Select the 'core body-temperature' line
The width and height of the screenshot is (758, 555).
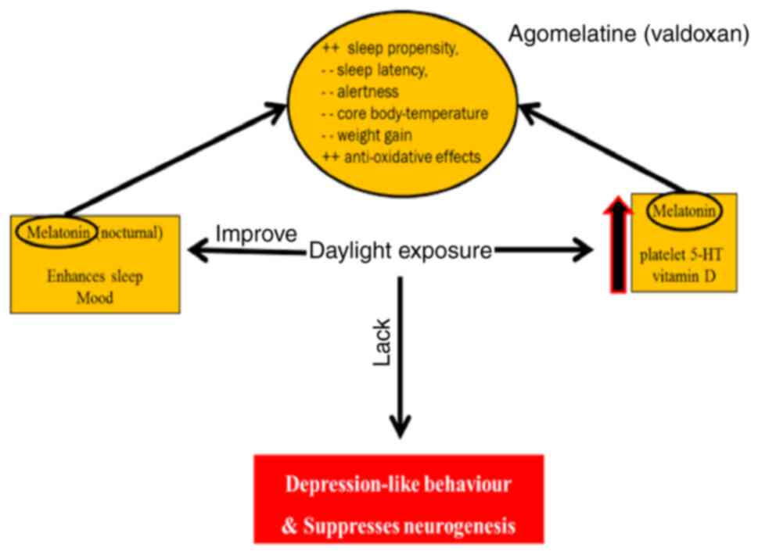click(404, 114)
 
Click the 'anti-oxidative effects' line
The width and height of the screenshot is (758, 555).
click(402, 157)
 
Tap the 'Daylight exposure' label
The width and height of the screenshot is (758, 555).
click(401, 251)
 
